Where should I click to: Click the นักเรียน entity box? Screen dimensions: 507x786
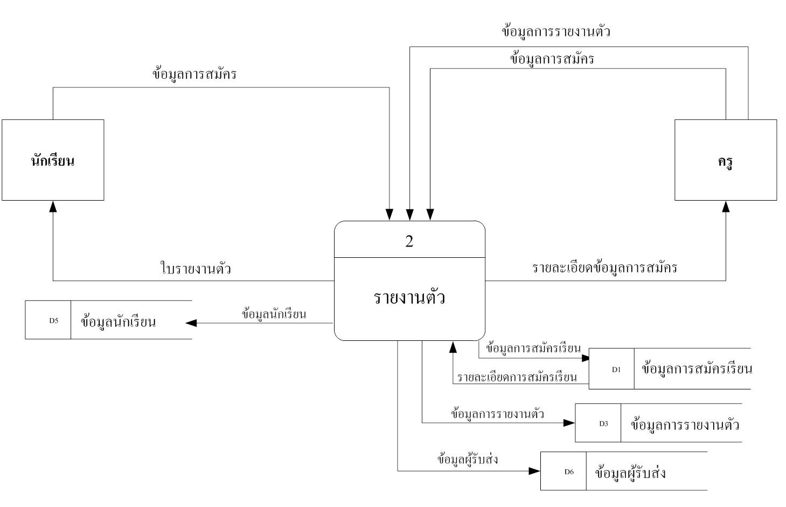coord(53,160)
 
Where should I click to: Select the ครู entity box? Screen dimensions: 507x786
coord(725,160)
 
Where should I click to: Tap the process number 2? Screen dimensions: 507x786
coord(409,241)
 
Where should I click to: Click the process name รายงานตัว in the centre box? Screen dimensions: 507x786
coord(409,298)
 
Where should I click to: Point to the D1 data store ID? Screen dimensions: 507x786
coord(616,369)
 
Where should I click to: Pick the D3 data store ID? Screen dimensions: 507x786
coord(603,424)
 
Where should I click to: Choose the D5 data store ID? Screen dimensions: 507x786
coord(53,320)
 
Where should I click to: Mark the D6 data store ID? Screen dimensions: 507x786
coord(569,472)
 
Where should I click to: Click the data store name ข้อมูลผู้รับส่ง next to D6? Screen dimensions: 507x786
coord(630,473)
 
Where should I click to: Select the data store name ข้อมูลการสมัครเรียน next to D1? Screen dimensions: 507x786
coord(696,369)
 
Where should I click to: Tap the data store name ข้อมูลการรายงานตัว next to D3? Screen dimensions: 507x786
coord(684,424)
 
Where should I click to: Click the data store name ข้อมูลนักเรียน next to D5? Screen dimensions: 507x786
coord(118,322)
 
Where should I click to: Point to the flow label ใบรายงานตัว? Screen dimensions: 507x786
coord(196,268)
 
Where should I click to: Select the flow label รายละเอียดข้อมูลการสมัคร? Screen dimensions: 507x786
coord(604,268)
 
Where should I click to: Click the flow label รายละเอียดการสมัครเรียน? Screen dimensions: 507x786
coord(517,378)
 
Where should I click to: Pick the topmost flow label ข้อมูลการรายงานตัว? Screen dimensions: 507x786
coord(555,31)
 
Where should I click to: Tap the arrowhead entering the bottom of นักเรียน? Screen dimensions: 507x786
coord(53,206)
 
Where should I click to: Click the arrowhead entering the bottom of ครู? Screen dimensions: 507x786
coord(726,206)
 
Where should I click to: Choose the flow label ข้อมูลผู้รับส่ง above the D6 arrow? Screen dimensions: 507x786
coord(468,460)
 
